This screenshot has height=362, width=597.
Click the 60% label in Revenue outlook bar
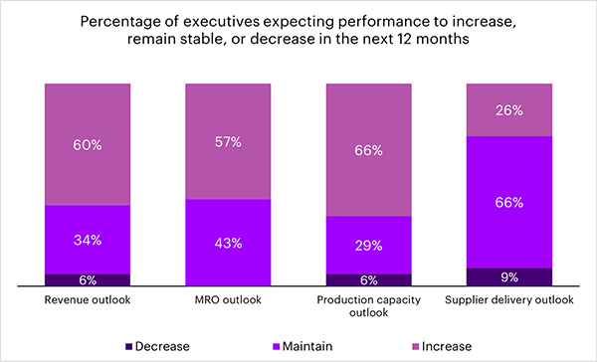[88, 145]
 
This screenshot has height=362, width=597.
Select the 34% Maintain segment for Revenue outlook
[88, 240]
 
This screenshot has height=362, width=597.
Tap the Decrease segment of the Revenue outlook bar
[88, 280]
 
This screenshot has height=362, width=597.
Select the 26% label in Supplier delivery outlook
[509, 110]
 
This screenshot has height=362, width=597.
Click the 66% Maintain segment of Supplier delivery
[509, 202]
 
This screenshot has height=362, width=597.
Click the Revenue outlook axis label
[88, 300]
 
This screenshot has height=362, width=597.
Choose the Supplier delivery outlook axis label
[509, 300]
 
